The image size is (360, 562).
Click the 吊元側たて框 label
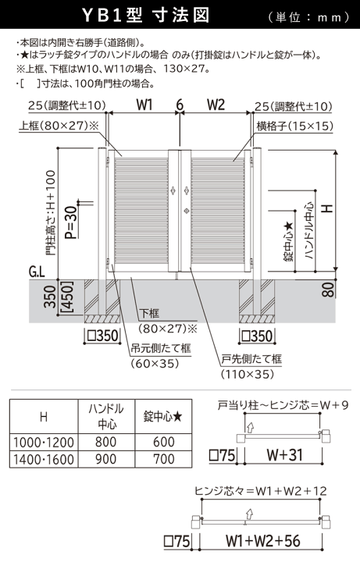[166, 348]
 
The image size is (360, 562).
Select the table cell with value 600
[165, 443]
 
